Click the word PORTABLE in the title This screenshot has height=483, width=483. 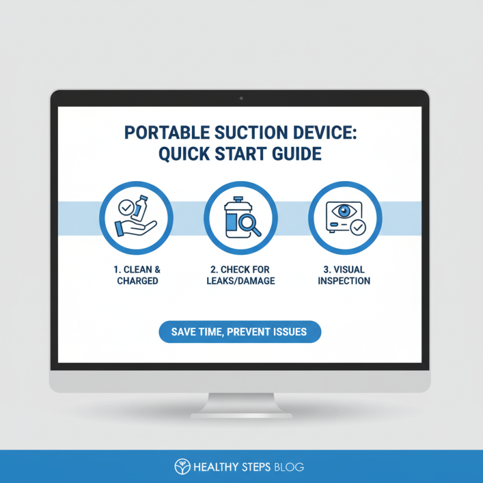click(x=157, y=132)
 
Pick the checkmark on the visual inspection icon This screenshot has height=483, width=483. click(x=358, y=228)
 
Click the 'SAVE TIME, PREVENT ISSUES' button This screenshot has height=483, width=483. click(x=240, y=332)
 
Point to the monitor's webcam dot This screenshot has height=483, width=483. click(x=240, y=98)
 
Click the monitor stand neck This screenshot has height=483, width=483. click(x=240, y=401)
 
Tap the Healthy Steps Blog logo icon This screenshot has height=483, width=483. click(x=181, y=466)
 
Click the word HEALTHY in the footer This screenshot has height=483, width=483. click(x=213, y=467)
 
